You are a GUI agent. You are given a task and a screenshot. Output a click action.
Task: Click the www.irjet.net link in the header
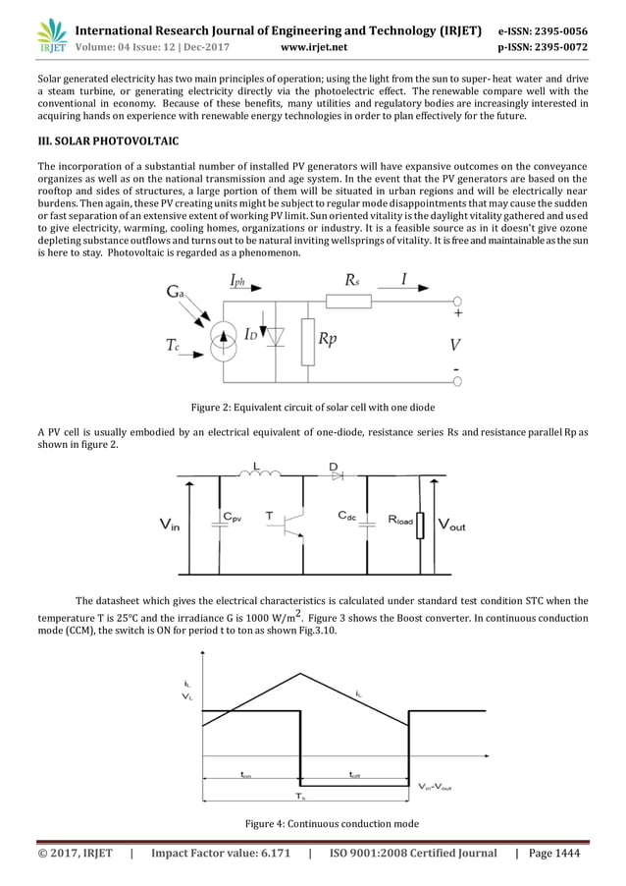(x=313, y=45)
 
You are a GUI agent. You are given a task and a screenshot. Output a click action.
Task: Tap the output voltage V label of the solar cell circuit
(x=455, y=346)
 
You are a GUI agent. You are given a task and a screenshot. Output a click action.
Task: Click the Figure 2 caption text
(x=312, y=408)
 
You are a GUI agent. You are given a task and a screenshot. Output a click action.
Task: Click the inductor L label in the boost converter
(x=256, y=465)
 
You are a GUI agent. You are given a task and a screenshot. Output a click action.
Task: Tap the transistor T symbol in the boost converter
(x=291, y=526)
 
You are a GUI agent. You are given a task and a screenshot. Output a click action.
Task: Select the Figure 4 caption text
(x=312, y=823)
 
